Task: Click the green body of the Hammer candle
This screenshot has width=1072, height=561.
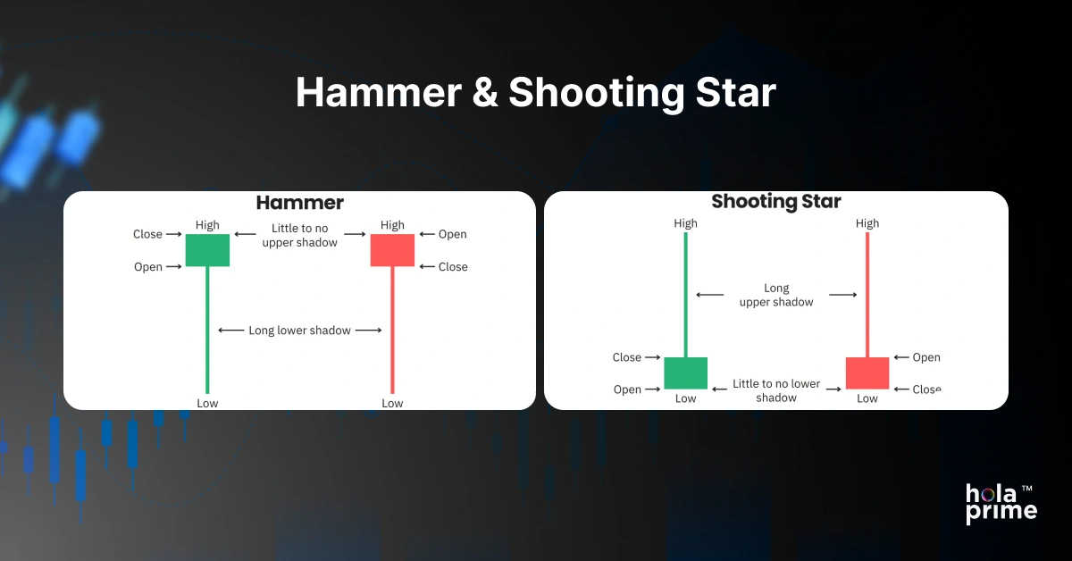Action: click(207, 250)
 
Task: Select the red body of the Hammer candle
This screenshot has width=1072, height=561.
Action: click(392, 250)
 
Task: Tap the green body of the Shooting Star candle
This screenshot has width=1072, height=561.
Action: click(685, 373)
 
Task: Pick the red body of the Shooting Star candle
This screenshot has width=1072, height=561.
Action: click(867, 373)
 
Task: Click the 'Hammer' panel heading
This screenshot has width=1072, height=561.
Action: click(299, 203)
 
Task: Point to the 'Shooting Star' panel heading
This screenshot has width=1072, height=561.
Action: click(776, 202)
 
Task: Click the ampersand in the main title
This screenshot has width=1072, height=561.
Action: click(486, 93)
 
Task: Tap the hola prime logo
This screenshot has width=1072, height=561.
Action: click(1001, 503)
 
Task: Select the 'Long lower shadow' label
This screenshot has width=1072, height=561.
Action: click(299, 331)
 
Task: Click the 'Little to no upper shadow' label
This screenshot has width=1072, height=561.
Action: click(299, 236)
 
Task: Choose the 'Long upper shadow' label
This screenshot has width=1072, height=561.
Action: click(776, 295)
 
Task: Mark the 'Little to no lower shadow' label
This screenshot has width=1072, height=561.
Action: click(776, 390)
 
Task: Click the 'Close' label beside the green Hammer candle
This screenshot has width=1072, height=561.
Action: click(148, 234)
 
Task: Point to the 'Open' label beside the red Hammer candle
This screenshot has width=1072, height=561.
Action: click(452, 234)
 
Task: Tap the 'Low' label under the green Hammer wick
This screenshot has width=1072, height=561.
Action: click(207, 403)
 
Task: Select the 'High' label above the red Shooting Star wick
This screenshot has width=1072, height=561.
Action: click(867, 223)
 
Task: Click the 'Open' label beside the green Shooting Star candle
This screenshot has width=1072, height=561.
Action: click(627, 389)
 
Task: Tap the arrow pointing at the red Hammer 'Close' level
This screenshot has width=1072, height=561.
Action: click(426, 267)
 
